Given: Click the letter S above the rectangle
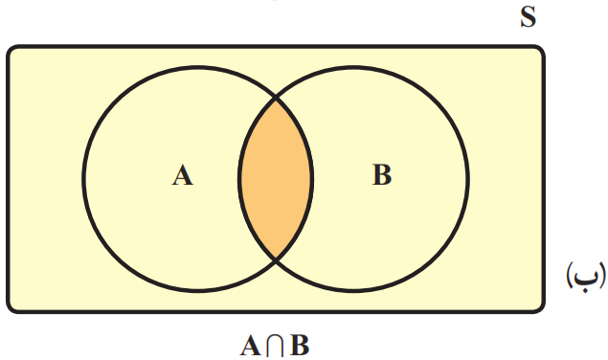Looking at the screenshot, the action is click(x=529, y=17).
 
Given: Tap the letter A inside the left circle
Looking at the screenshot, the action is click(x=182, y=175).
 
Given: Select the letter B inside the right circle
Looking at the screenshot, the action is click(x=382, y=174).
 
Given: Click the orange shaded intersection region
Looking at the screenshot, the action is click(x=276, y=179).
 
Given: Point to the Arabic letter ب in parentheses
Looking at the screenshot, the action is click(x=586, y=275).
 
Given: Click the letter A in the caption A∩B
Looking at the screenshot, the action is click(x=251, y=346).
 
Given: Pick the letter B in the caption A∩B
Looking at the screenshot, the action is click(x=300, y=346).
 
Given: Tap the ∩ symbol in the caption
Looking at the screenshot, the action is click(x=276, y=346).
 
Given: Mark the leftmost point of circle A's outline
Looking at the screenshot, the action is click(x=83, y=179).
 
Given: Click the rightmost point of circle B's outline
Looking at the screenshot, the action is click(x=468, y=179).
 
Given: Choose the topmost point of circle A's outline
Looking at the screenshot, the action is click(x=198, y=67).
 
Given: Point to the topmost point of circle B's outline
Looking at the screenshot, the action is click(x=353, y=67).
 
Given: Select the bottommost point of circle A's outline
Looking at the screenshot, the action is click(x=198, y=290).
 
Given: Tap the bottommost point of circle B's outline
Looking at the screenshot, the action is click(x=353, y=290).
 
